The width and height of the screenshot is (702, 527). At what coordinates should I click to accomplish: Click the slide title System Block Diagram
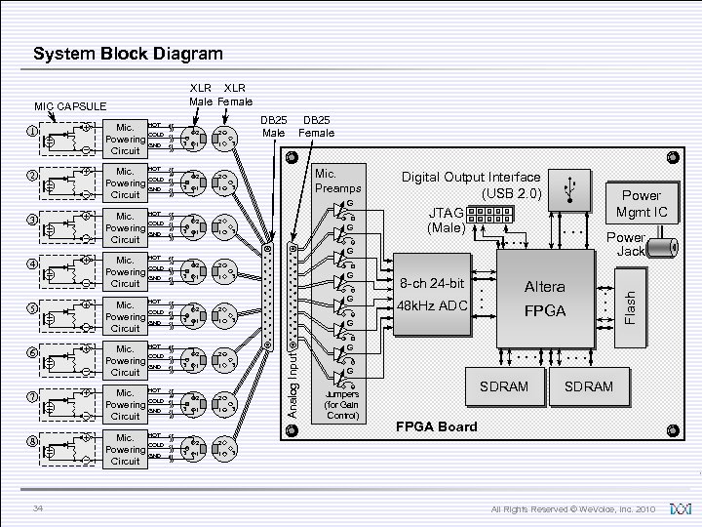point(128,54)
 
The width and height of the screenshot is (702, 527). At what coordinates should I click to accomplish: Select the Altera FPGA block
point(544,299)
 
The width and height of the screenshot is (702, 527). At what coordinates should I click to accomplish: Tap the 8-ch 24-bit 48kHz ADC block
point(434,295)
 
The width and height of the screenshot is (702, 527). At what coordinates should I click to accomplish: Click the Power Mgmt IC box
point(641,203)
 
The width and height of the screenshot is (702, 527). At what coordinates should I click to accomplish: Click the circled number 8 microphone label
point(31,441)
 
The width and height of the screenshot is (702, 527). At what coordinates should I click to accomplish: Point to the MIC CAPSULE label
point(70,106)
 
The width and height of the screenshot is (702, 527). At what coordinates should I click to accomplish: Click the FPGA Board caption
point(436,426)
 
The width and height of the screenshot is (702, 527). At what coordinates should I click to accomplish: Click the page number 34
point(37,508)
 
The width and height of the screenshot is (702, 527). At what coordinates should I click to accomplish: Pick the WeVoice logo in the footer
point(681,509)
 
